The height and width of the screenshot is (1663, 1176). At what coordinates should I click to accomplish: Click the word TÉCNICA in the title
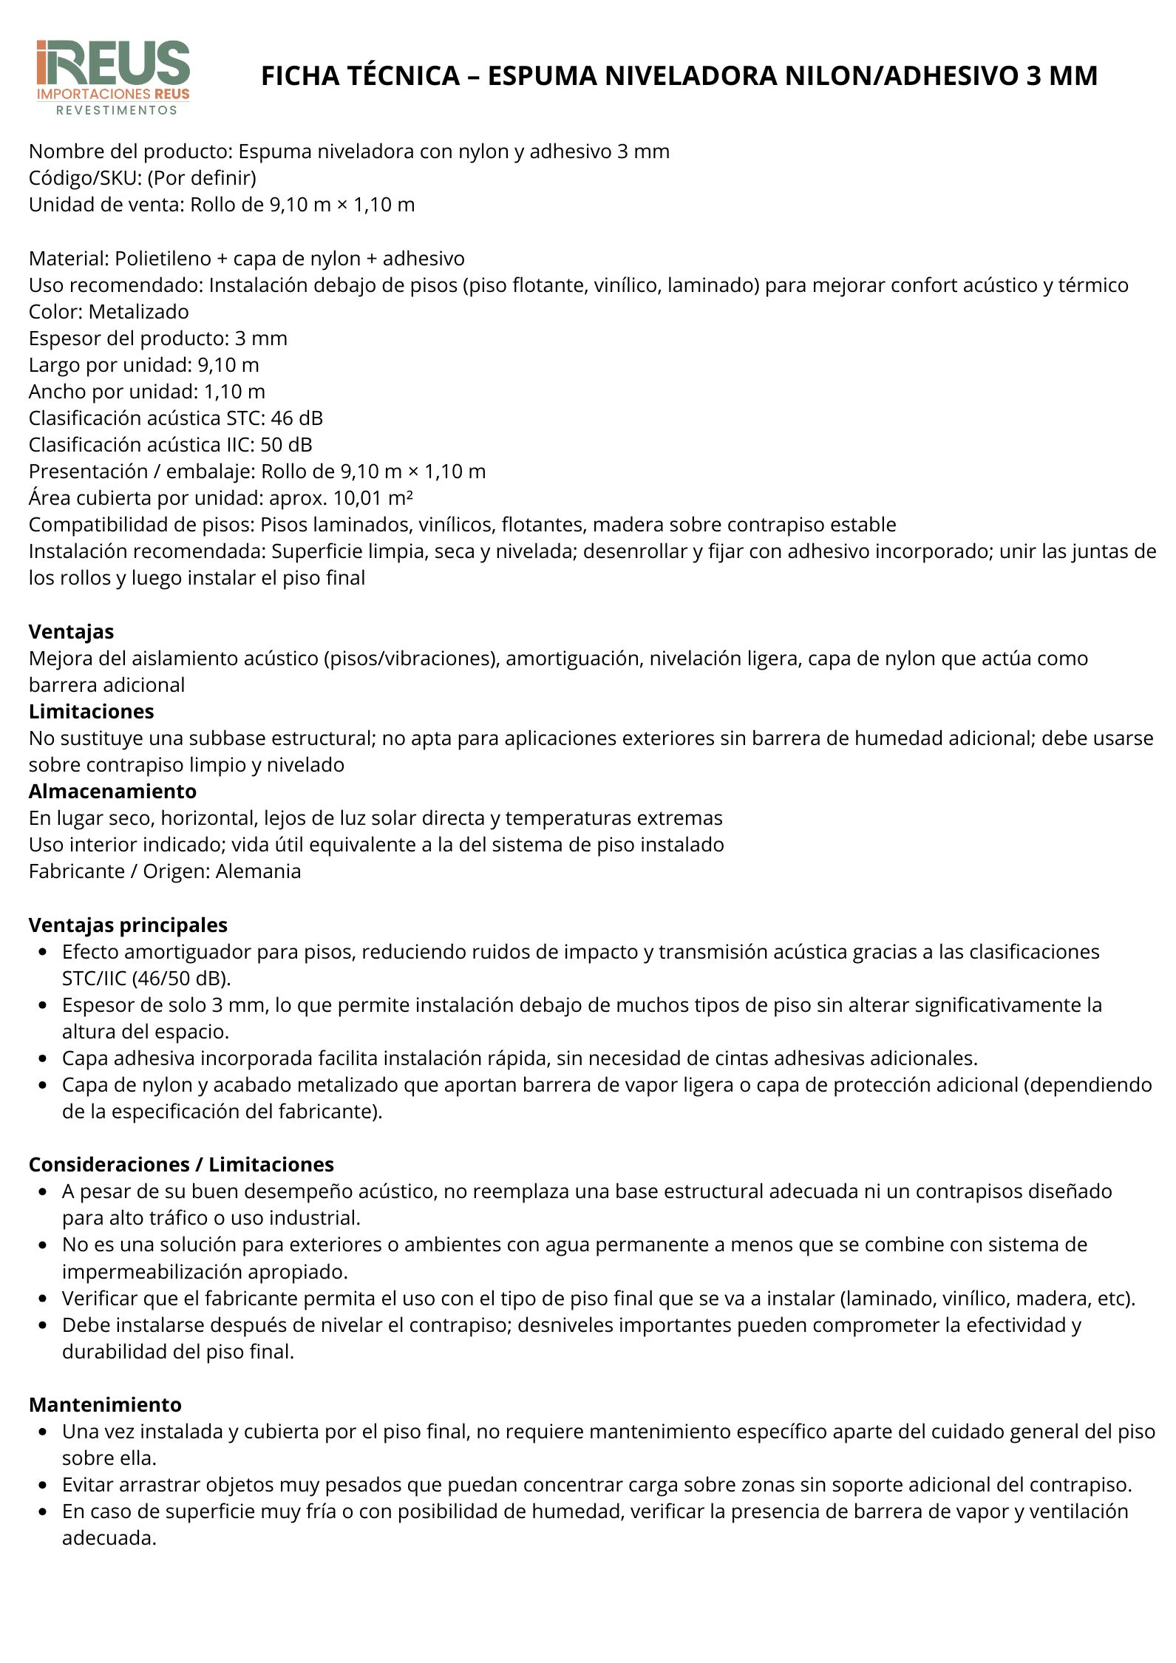pos(401,76)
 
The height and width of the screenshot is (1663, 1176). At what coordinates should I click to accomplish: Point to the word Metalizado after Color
pos(138,312)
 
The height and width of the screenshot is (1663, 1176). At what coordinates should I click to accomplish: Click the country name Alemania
pos(258,871)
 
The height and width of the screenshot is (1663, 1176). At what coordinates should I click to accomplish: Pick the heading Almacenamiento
pos(112,792)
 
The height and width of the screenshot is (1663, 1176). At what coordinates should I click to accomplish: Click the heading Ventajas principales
pos(128,925)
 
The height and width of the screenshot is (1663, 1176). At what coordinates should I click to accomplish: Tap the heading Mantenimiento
pos(105,1405)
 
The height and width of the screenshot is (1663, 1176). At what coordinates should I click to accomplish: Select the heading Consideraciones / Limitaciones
pos(181,1165)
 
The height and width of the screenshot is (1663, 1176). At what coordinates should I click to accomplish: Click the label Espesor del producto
pos(128,339)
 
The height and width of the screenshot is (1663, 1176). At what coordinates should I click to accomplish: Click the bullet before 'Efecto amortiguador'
pos(44,952)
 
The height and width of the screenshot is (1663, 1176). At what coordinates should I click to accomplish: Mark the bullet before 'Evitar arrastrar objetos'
pos(44,1486)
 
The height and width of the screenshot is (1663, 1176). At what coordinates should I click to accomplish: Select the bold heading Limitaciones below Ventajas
pos(92,712)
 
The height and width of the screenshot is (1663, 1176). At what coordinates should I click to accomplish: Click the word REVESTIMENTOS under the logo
pos(117,111)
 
